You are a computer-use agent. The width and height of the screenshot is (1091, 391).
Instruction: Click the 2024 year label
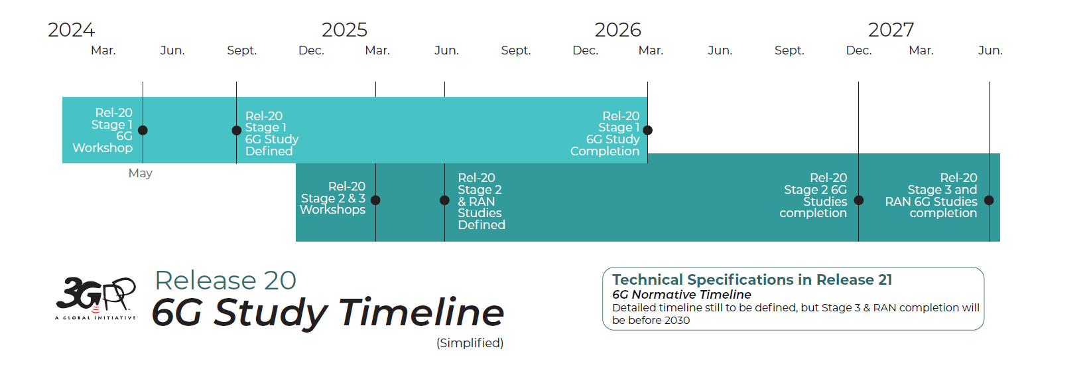(71, 30)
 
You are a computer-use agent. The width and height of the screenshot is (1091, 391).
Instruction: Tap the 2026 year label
(617, 30)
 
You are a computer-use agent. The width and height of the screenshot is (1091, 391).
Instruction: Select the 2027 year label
(891, 30)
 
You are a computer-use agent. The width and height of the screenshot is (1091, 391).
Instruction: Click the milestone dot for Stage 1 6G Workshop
(143, 130)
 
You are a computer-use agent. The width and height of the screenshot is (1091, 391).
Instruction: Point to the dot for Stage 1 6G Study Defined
(237, 130)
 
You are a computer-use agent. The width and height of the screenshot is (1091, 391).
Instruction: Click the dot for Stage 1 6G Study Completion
(647, 130)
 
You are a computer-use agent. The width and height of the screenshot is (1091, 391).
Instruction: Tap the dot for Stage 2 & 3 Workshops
(375, 200)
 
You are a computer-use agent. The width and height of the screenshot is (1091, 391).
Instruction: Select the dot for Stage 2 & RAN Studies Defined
(444, 200)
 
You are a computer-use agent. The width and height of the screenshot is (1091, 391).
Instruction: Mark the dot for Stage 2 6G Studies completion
(858, 200)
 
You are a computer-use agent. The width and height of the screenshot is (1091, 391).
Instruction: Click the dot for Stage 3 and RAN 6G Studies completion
(989, 200)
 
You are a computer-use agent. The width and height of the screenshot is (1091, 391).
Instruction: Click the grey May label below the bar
(140, 173)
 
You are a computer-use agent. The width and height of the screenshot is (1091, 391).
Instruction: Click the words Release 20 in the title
(225, 280)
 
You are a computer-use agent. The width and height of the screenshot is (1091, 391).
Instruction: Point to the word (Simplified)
(470, 343)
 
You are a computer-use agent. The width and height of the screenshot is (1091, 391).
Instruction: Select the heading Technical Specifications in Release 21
(751, 279)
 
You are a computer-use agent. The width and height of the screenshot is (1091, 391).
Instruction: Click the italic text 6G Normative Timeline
(681, 294)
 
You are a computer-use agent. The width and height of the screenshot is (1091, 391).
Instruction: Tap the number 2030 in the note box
(676, 320)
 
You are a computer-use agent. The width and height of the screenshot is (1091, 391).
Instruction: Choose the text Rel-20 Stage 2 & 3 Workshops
(333, 198)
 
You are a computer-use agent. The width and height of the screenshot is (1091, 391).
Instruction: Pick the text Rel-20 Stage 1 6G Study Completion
(606, 133)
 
